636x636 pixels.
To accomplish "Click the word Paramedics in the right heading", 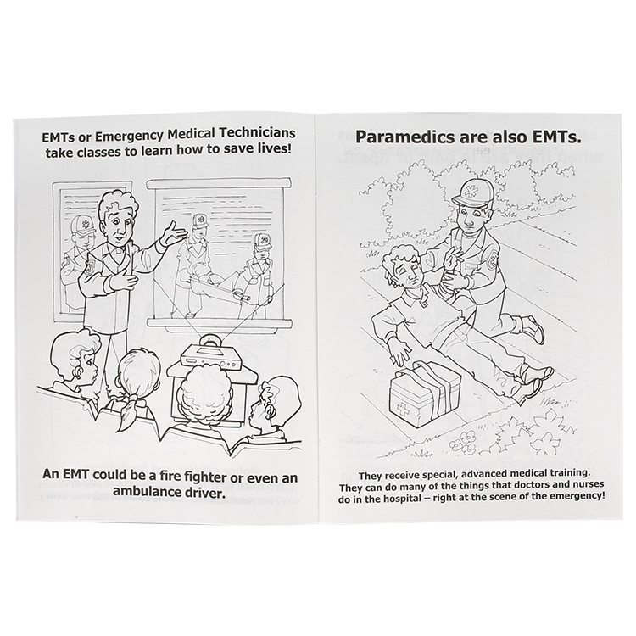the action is coord(406,138).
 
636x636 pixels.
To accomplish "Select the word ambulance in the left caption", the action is coord(148,491).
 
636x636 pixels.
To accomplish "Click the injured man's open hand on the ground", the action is coord(399,353).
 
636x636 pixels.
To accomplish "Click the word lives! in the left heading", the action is coord(275,149).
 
